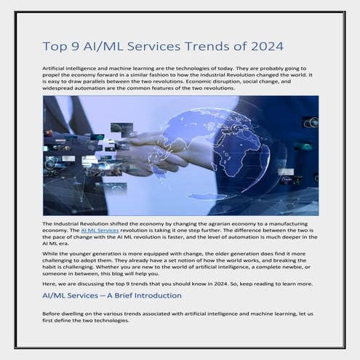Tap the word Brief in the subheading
tap(115, 296)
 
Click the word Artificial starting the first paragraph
tap(55, 67)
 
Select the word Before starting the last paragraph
tap(52, 313)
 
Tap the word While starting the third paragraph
tap(49, 249)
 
